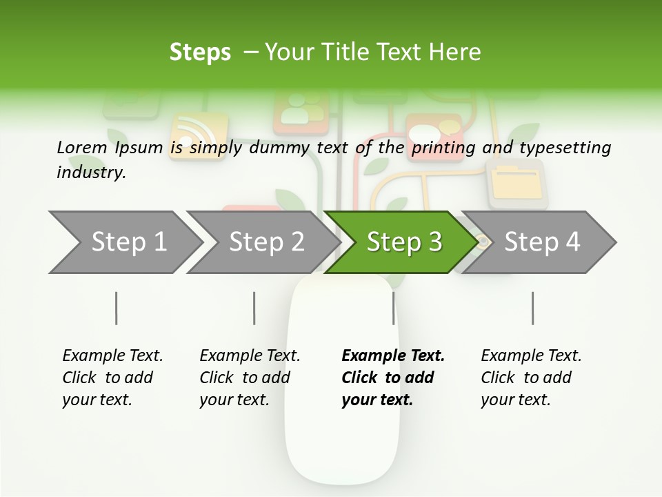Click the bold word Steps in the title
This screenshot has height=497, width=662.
[200, 52]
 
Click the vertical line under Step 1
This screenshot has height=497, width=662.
[117, 308]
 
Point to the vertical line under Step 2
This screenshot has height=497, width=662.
[254, 308]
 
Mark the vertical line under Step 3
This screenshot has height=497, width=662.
[393, 308]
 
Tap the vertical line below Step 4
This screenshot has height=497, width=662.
[532, 308]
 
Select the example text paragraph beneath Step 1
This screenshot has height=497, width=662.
[112, 378]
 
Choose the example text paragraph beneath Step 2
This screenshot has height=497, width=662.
[249, 378]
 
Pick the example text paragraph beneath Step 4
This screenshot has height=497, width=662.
[530, 378]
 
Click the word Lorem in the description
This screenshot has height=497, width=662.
[82, 147]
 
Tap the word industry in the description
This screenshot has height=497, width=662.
[90, 172]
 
